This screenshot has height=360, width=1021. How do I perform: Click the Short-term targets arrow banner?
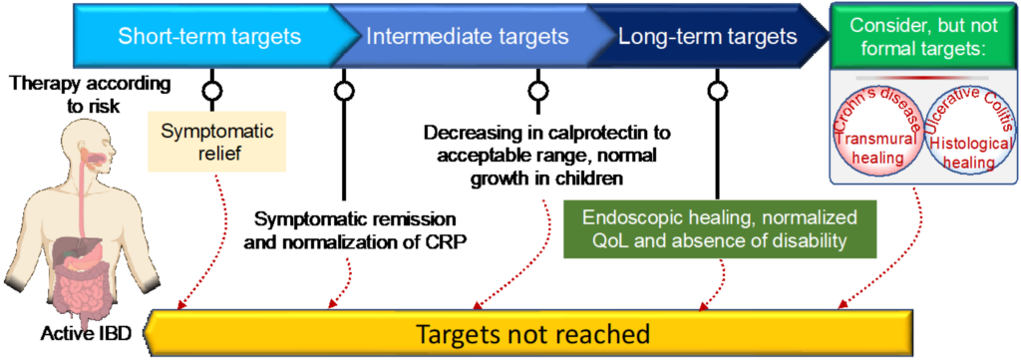tap(209, 38)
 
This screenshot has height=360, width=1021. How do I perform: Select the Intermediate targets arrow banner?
tap(467, 38)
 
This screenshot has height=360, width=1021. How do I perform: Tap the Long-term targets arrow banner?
tap(707, 38)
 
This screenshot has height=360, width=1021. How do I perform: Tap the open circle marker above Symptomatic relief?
tap(210, 91)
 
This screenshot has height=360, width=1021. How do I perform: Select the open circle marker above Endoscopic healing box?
tap(716, 91)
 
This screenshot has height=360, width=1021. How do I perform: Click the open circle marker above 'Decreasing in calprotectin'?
tap(537, 91)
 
